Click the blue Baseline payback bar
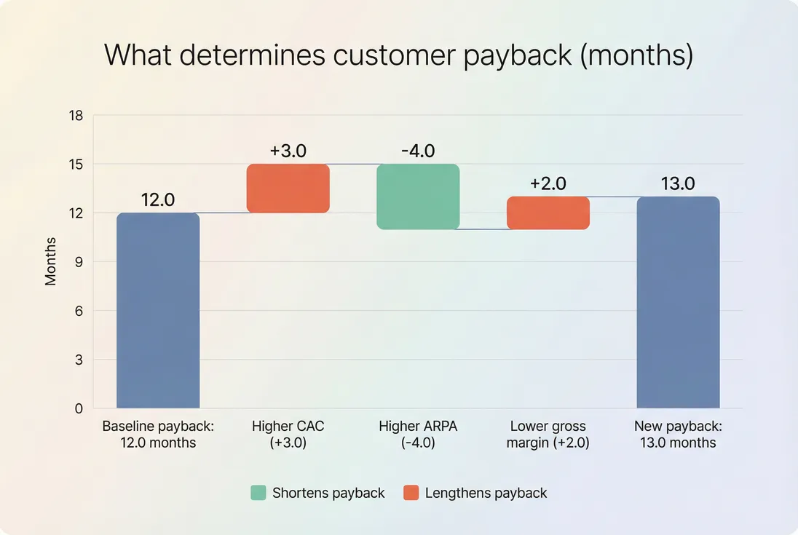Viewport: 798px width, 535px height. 158,311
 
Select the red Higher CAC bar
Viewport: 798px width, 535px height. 288,189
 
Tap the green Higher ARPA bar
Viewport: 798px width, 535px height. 418,197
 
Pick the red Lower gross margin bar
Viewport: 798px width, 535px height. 548,213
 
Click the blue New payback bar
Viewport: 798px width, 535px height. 678,303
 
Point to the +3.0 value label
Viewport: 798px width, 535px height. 288,151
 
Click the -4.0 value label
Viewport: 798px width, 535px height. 418,151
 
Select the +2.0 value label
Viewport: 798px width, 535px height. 548,183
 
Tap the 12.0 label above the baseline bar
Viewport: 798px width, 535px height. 158,200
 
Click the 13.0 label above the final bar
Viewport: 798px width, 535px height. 678,184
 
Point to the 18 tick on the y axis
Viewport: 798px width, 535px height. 76,116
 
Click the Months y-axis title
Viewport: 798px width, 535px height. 51,261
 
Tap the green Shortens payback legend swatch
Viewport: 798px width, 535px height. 258,493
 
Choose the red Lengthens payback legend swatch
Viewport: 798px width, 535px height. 411,493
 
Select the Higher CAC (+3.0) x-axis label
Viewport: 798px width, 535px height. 288,435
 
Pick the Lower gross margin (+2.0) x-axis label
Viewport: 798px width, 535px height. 548,435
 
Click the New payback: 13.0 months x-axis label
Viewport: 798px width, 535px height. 678,435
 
